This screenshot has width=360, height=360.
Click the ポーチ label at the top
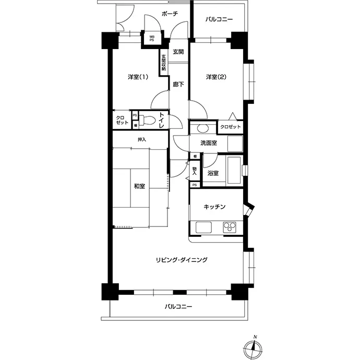170,14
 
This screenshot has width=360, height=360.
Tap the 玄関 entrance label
178,52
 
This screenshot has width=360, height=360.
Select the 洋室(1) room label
138,77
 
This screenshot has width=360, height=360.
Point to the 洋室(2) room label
216,77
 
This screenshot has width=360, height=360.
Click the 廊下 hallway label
178,85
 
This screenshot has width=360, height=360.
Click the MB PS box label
152,38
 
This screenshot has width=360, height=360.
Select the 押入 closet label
142,139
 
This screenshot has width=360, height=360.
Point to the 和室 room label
139,186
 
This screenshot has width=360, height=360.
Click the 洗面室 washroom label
209,143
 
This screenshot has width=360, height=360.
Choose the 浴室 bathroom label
213,173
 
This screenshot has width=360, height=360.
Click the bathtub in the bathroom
234,170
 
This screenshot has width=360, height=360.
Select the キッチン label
214,207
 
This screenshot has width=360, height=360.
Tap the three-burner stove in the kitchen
230,227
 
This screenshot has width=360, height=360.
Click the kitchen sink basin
203,227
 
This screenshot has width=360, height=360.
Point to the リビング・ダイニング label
182,260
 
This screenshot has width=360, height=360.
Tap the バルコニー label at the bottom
178,306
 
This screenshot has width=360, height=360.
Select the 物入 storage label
195,171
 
